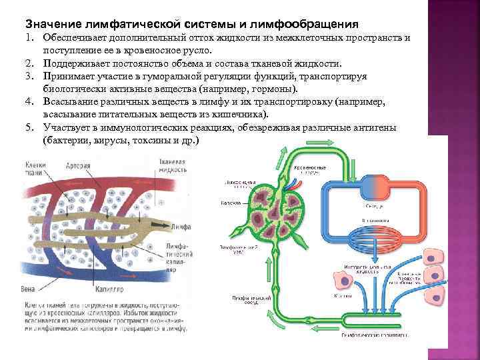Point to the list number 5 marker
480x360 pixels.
click(x=31, y=127)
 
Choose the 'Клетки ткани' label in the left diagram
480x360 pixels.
click(x=35, y=170)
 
